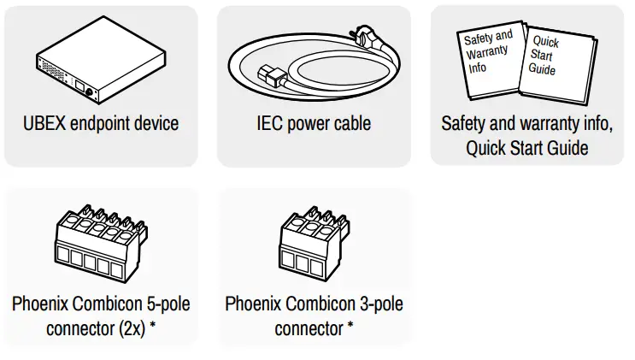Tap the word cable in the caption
click(348, 123)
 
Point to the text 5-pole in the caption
click(168, 304)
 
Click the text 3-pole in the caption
click(380, 304)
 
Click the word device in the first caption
click(156, 123)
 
